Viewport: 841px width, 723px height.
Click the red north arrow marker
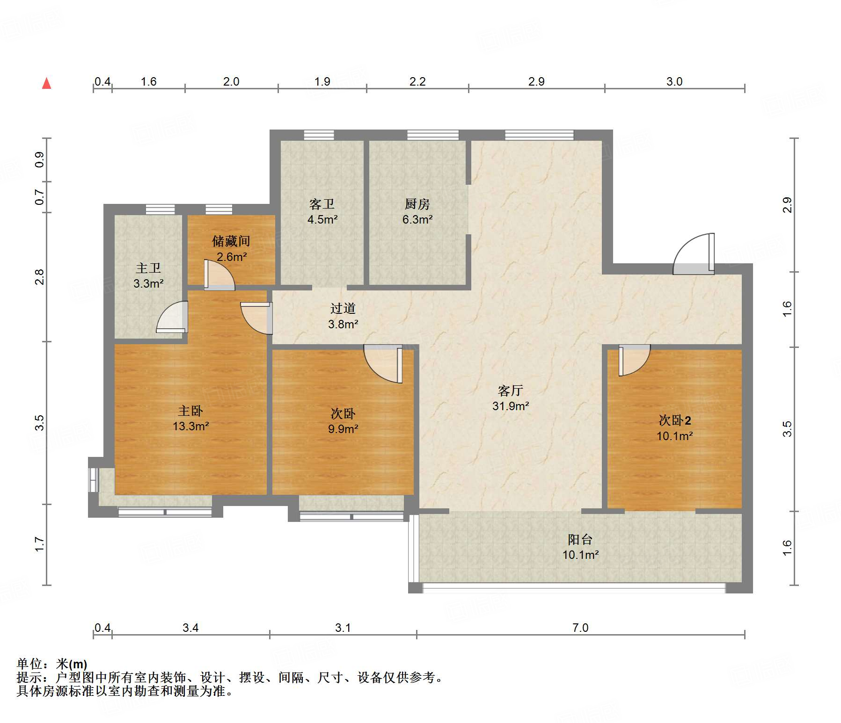(x=46, y=83)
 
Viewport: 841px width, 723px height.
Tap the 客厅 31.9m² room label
(x=511, y=398)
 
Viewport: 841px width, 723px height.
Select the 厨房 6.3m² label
(x=417, y=211)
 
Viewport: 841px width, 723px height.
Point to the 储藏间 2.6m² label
(x=231, y=248)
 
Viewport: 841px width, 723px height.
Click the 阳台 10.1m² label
(x=580, y=547)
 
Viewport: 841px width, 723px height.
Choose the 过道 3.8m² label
(x=343, y=316)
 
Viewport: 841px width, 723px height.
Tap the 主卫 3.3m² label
(x=148, y=275)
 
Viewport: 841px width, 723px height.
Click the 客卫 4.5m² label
(x=322, y=211)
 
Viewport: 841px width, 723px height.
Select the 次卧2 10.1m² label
(x=674, y=428)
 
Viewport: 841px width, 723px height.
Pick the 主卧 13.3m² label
(x=190, y=418)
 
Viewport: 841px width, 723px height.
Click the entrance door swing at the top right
(x=694, y=253)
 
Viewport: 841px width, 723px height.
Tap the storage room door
(x=219, y=275)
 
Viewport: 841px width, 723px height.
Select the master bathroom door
(x=172, y=317)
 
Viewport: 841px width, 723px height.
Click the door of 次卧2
(x=634, y=360)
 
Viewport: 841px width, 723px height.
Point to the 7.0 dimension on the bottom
(x=580, y=628)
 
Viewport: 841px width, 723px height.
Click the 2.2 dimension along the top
(x=417, y=81)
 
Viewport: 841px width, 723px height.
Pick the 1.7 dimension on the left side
(x=40, y=544)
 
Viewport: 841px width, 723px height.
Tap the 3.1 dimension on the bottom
(x=343, y=628)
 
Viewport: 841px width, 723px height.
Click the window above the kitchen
(x=433, y=135)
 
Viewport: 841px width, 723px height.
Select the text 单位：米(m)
(x=52, y=664)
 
